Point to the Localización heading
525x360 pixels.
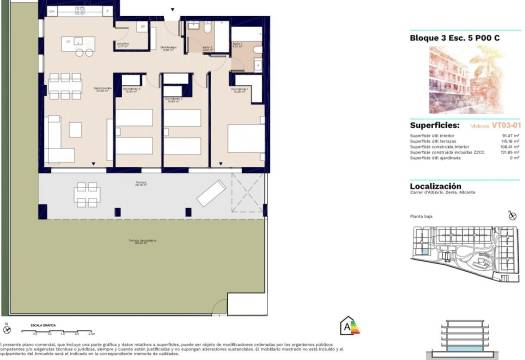point(441,185)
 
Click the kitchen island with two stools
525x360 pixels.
point(79,41)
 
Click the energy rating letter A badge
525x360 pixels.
point(349,325)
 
